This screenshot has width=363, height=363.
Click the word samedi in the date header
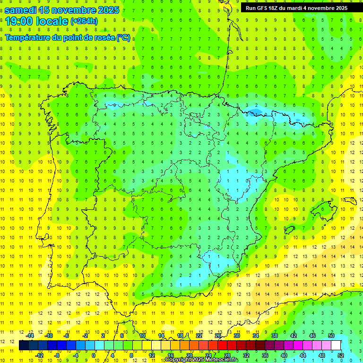click(x=22, y=9)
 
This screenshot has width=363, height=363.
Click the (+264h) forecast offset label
click(x=84, y=21)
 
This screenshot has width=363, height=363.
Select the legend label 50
click(x=331, y=336)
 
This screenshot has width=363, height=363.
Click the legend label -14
click(x=29, y=336)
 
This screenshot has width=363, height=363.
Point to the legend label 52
click(x=341, y=355)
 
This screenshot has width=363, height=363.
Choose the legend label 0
click(x=94, y=355)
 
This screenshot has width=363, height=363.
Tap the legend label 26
click(x=217, y=336)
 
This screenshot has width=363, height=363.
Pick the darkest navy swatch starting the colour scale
click(x=24, y=346)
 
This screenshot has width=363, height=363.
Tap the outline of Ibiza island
click(x=290, y=230)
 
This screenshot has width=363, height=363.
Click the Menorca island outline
click(x=350, y=200)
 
